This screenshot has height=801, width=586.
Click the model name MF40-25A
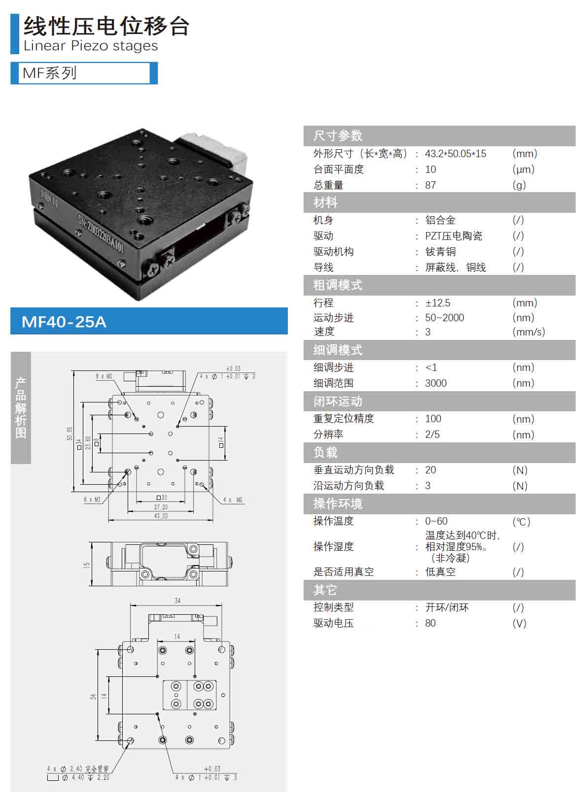64,322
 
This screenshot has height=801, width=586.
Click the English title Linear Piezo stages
91,46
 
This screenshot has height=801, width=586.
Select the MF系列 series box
84,73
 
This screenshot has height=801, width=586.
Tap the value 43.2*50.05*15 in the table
455,154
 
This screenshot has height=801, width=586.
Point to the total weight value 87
430,185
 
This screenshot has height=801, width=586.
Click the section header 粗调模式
338,285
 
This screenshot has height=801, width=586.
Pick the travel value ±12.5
438,302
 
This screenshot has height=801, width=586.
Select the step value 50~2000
444,318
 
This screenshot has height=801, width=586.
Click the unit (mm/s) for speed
528,332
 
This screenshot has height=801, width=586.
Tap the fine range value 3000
436,383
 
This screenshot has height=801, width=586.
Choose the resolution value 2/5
432,434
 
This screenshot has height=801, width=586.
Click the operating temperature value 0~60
436,521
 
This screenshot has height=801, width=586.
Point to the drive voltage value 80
430,623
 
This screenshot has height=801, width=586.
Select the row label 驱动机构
333,252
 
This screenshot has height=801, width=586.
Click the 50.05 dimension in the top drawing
69,434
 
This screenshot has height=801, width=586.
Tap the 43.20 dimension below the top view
161,516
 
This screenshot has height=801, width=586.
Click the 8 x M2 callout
104,376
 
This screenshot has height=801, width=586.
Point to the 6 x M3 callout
92,500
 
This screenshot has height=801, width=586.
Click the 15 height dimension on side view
87,565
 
